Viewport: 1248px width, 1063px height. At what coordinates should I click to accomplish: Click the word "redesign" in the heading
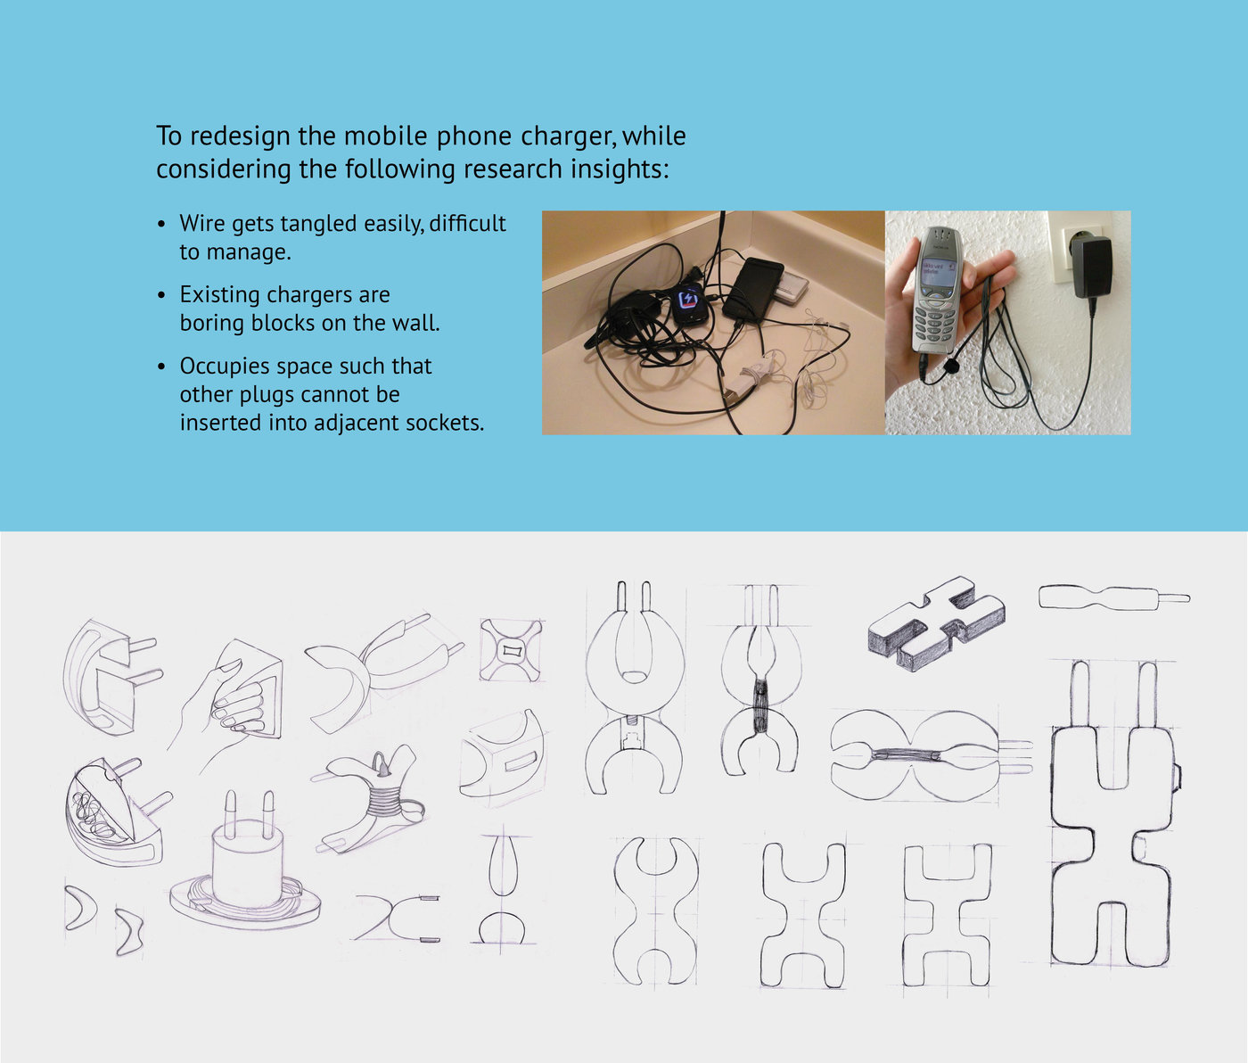point(241,136)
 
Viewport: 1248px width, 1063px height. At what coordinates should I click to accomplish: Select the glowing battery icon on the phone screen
point(687,301)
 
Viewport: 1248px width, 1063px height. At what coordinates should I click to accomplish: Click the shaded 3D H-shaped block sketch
point(937,623)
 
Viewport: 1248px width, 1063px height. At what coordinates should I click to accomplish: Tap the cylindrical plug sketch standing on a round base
point(245,861)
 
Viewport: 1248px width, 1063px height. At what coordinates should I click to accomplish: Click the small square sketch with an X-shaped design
point(512,650)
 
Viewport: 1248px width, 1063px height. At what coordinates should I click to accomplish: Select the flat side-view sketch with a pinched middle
point(1114,597)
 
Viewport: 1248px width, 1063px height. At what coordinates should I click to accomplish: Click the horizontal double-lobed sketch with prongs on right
point(930,755)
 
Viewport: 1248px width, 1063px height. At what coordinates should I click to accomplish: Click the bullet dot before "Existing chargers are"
point(161,295)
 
